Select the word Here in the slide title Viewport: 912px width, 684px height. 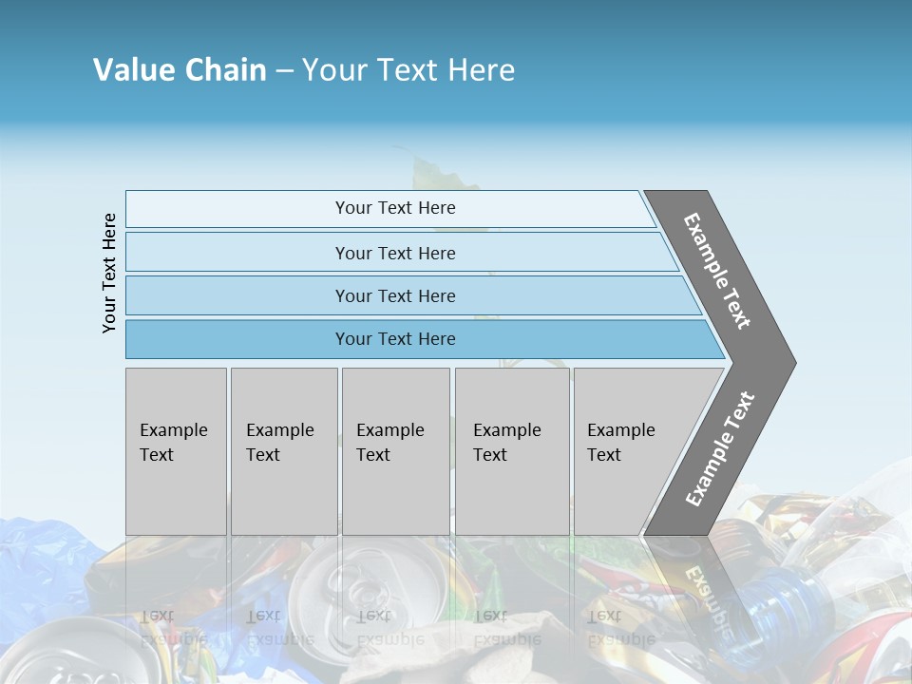(x=481, y=70)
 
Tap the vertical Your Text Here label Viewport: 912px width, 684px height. (x=109, y=273)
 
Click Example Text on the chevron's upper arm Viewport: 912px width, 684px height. (x=717, y=271)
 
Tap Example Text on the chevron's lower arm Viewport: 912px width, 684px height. (x=720, y=448)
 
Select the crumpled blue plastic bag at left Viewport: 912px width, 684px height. (x=43, y=560)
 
